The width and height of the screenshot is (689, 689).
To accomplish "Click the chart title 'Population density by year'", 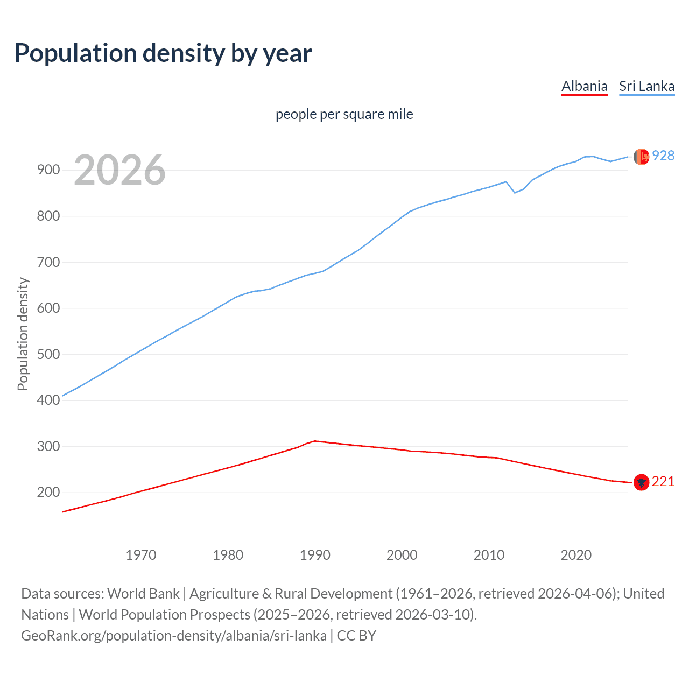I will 163,53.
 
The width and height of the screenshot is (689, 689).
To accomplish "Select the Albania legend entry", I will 584,86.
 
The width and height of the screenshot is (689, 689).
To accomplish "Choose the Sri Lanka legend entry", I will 646,86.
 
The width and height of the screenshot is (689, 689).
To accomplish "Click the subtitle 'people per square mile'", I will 344,114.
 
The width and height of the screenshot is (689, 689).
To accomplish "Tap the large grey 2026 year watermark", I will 119,170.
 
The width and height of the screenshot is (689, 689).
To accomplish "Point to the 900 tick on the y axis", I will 48,170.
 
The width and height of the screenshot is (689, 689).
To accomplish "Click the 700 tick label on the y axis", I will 48,262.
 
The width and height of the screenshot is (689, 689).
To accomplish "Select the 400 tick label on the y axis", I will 48,400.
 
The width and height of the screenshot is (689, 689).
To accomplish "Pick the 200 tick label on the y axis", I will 48,493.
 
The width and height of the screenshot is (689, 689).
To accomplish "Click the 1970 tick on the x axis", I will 141,554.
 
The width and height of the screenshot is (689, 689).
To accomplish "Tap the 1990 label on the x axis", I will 315,554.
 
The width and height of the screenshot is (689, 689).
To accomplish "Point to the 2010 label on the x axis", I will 489,554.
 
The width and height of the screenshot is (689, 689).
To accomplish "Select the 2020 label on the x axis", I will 576,554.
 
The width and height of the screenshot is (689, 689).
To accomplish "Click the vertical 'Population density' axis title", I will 23,334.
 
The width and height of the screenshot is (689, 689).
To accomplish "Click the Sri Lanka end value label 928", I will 663,156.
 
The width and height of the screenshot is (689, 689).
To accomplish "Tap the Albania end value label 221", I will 663,482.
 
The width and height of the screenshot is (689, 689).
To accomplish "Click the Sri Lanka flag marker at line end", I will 641,157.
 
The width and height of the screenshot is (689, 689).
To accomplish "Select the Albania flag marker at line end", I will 641,482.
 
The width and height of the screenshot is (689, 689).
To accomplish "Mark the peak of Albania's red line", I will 315,441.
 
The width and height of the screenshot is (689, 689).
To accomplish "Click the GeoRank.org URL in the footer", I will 174,636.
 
